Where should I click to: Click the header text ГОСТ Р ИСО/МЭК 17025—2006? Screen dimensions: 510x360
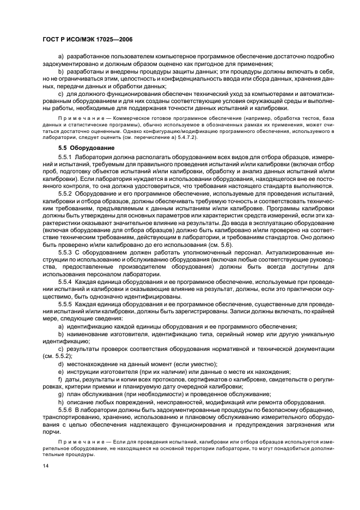pos(88,40)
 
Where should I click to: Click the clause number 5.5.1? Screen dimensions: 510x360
pos(66,157)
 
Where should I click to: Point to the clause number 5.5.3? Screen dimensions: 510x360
pos(66,252)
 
